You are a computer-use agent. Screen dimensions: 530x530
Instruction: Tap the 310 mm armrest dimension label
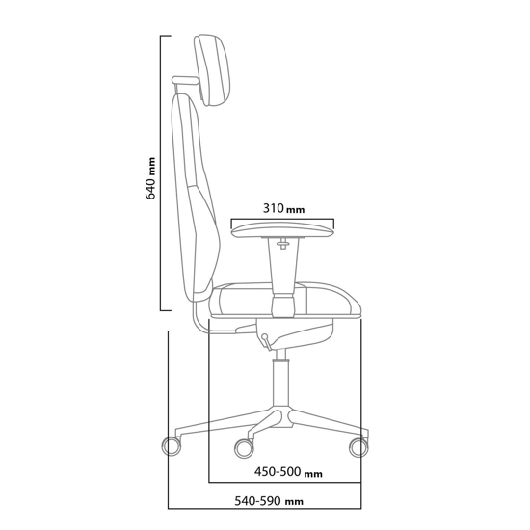pos(282,207)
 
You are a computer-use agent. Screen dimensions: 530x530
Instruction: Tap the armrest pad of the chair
pos(281,229)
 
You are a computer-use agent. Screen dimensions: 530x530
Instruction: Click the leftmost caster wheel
pos(172,446)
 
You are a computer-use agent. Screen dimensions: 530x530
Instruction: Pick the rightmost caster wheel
pos(358,446)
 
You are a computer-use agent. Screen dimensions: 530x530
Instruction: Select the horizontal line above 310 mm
pos(282,218)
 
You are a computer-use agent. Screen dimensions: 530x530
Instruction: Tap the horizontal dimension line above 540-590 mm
pos(265,508)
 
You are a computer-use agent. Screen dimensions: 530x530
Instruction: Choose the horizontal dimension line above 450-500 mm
pos(285,481)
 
